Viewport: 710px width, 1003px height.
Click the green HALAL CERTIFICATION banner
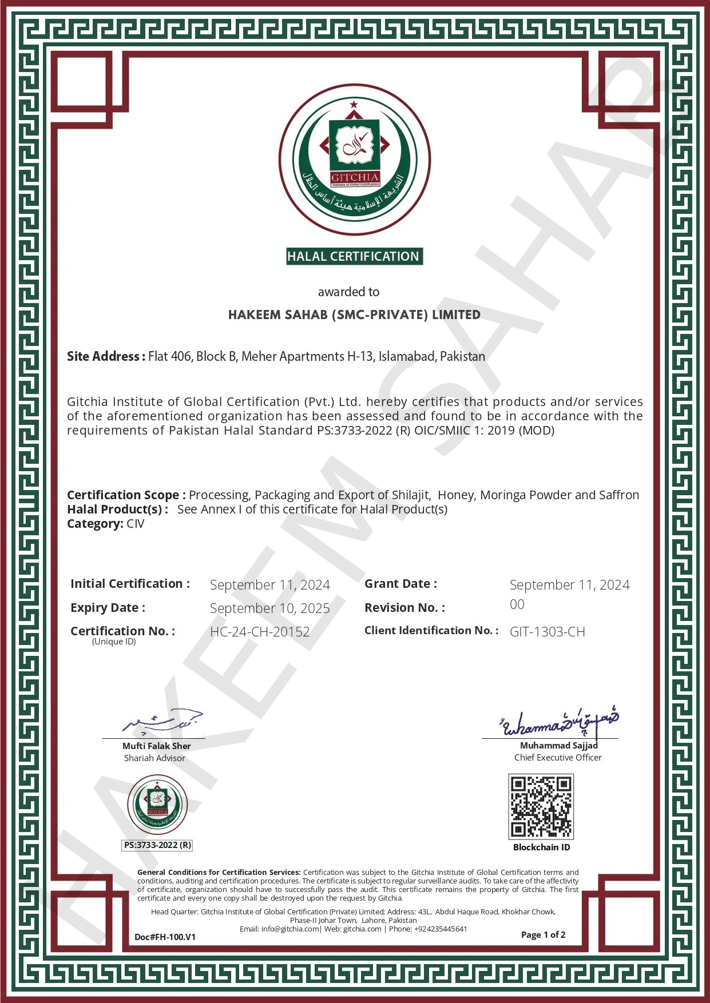(354, 256)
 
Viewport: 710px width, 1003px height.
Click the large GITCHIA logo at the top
(355, 160)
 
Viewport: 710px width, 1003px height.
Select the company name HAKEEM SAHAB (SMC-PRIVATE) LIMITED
(354, 315)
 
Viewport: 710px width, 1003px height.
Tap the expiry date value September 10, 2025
(269, 608)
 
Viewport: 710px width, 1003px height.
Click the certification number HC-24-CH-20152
(260, 632)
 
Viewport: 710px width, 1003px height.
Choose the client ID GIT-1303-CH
(547, 632)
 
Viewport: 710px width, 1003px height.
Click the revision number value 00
(517, 604)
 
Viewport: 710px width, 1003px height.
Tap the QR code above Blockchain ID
(541, 806)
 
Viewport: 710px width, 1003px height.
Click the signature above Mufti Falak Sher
(163, 723)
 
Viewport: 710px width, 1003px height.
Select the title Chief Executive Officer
(558, 758)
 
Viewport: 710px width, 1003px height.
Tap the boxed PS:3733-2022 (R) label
(157, 845)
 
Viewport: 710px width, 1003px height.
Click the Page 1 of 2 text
(543, 935)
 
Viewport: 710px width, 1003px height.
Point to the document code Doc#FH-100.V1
(165, 937)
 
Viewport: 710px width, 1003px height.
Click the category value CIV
(135, 524)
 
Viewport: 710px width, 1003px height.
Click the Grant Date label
(400, 584)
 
